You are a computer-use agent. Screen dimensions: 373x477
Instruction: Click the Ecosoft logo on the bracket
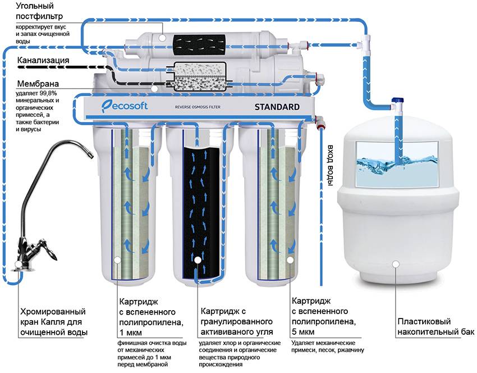pos(125,106)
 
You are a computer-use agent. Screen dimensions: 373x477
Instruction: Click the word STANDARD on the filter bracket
pos(277,106)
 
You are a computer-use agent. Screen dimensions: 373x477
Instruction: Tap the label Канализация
pos(43,60)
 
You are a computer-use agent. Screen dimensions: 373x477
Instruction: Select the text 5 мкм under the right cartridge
pos(303,332)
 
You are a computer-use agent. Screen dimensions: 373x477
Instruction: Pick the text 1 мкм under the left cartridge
pos(129,332)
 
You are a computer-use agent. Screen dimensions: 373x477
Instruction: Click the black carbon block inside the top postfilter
pos(200,43)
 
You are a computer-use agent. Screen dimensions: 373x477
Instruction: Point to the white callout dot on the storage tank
pos(397,263)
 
